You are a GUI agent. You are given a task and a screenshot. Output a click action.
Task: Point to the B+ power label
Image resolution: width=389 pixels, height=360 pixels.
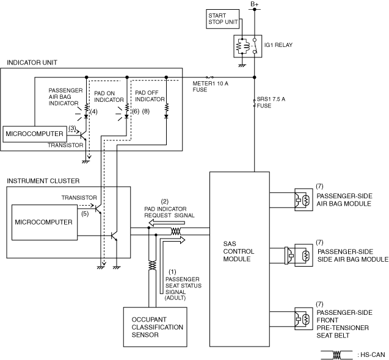(255, 4)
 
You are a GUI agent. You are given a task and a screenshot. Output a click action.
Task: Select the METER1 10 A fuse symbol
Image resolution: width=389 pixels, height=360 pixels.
(209, 77)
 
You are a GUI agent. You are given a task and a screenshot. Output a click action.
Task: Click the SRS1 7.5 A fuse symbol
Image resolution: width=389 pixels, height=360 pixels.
(254, 103)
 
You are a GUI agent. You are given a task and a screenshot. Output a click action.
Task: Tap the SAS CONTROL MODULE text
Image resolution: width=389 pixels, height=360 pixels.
(238, 251)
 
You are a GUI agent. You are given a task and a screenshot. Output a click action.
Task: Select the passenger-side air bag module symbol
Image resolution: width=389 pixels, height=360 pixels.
(304, 200)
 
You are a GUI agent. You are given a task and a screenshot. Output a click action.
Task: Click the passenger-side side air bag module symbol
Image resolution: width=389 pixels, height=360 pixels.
(299, 255)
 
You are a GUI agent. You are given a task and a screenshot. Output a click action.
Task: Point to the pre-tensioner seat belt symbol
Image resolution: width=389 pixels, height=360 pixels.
(304, 319)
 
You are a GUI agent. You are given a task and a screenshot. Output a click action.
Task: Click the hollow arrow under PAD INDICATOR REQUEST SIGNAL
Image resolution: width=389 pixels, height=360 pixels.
(167, 223)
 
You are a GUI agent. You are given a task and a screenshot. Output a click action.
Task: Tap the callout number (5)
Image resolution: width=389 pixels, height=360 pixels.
(85, 214)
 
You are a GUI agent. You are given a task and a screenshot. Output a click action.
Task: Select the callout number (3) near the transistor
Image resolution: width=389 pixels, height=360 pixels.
(72, 128)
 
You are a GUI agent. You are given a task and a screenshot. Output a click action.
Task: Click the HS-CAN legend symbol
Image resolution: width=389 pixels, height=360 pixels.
(336, 355)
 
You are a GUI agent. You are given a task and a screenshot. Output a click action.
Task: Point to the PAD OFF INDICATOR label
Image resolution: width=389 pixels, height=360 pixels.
(150, 96)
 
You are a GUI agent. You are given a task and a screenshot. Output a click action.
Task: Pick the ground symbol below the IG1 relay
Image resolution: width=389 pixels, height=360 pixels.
(242, 65)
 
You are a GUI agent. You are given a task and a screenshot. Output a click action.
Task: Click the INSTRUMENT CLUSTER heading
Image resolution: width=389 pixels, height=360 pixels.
(43, 181)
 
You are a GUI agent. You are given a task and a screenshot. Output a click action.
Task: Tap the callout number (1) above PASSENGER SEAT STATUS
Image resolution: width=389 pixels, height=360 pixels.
(172, 272)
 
